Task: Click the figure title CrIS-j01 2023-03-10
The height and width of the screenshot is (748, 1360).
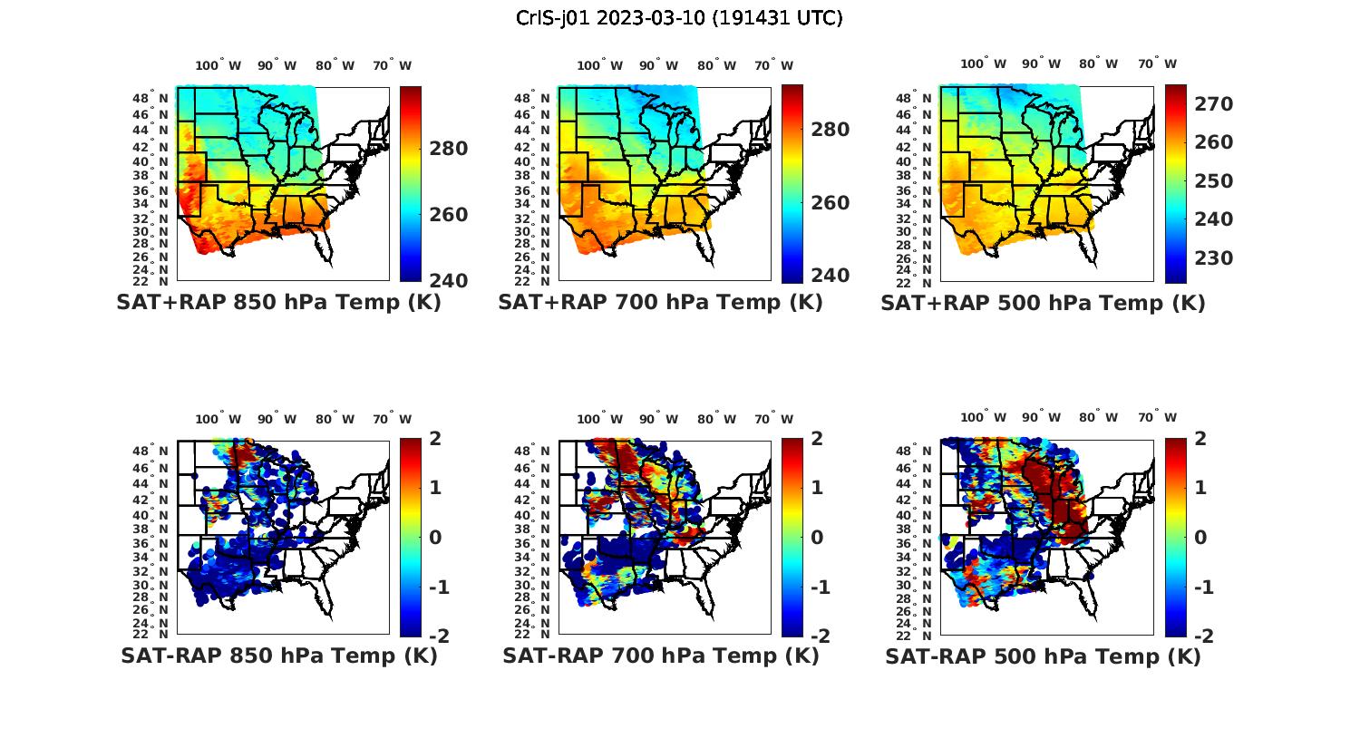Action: point(679,18)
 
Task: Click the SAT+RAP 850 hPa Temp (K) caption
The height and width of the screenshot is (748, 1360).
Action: point(278,303)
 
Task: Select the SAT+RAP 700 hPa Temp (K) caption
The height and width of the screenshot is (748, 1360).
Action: point(660,303)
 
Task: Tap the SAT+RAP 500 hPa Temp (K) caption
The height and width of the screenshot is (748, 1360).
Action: point(1043,304)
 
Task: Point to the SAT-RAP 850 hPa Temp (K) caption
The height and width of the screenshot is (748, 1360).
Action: point(278,656)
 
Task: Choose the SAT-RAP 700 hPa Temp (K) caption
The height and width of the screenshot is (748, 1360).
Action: point(660,656)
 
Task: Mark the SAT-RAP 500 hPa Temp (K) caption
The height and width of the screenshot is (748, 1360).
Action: point(1043,656)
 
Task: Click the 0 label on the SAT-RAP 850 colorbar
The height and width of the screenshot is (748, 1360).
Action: point(434,537)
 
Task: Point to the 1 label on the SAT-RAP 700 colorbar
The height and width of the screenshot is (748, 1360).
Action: point(816,487)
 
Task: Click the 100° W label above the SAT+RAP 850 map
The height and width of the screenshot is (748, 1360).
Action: point(219,65)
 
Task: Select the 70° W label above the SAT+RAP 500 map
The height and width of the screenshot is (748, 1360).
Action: point(1158,63)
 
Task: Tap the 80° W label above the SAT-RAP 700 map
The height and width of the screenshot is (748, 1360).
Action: point(717,419)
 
